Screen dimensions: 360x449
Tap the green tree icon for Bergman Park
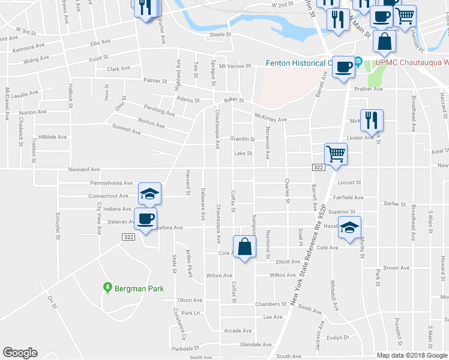[107, 288]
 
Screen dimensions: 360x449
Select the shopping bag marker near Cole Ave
[245, 247]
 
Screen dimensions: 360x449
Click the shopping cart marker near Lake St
[336, 154]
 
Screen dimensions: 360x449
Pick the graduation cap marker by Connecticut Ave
[150, 193]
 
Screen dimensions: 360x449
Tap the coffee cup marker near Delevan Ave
[145, 219]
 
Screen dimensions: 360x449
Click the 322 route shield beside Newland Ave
[318, 168]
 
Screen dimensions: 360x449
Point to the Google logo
[20, 353]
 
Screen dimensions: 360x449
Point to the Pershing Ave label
[160, 109]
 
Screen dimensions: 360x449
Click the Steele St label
[220, 35]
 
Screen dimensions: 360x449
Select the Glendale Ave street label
[252, 344]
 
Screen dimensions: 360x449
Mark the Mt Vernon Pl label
[234, 66]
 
